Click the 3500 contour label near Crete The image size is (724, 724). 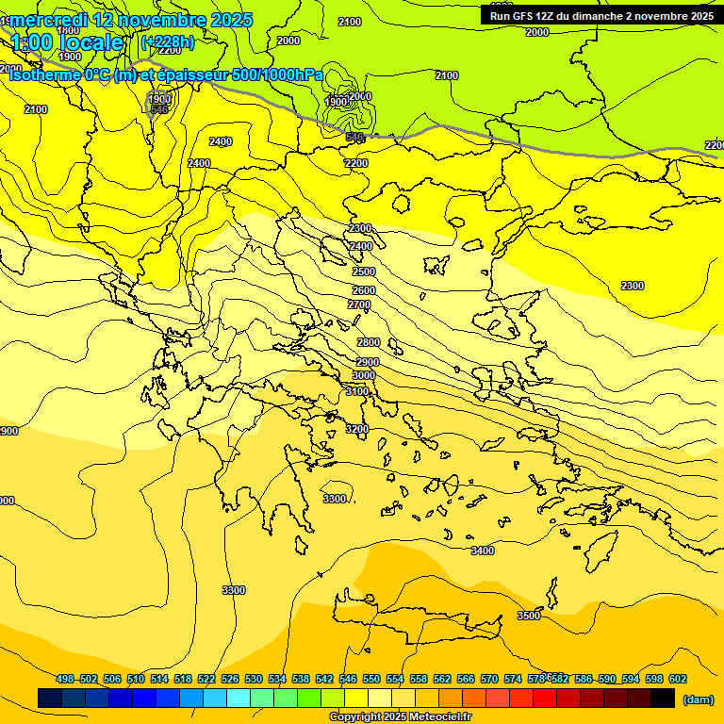pos(529,616)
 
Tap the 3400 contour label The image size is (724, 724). pos(482,551)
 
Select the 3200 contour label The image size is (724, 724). pos(357,429)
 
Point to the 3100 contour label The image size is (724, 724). pos(357,391)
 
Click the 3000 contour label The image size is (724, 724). pos(364,375)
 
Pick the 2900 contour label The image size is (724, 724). pos(368,362)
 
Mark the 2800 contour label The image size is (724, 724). pos(369,342)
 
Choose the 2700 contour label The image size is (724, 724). pos(359,304)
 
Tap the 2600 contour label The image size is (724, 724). pos(364,290)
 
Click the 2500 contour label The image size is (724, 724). pos(364,271)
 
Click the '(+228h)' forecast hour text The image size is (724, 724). pos(167,42)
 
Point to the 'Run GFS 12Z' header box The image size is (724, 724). pos(601,15)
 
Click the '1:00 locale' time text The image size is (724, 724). pos(67,42)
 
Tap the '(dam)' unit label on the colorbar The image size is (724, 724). pos(698,699)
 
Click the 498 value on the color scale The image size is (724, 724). pos(65,679)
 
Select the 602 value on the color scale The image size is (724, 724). pos(677,679)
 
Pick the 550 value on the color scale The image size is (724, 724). pos(371,679)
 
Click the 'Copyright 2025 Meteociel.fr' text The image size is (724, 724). pos(400,716)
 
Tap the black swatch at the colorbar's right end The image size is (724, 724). pos(663,698)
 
